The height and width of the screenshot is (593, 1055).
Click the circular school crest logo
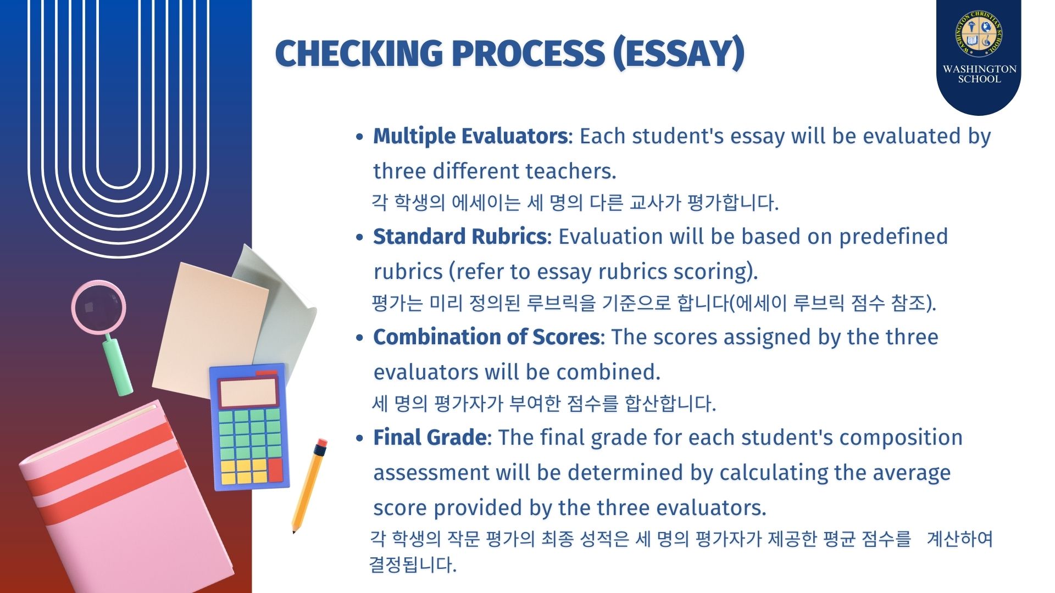(x=979, y=33)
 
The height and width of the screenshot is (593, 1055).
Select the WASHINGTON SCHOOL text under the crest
(x=979, y=74)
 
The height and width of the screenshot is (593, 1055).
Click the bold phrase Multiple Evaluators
(x=470, y=136)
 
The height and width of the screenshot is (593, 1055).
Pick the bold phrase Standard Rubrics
(x=460, y=237)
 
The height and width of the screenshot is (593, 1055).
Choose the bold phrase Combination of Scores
(x=486, y=337)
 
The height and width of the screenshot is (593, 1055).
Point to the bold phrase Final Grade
(x=430, y=438)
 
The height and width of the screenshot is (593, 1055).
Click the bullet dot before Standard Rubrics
(x=359, y=238)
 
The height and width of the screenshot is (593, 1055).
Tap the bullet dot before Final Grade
(x=359, y=439)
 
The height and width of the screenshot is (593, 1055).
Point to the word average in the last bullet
(x=912, y=473)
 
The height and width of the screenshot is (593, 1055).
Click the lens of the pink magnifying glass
(x=99, y=307)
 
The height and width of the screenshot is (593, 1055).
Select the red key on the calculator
(x=275, y=471)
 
